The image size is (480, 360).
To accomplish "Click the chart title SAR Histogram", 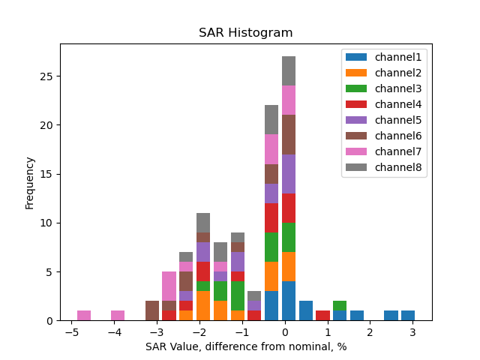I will click(x=245, y=33).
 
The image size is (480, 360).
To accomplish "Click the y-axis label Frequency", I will click(x=30, y=182).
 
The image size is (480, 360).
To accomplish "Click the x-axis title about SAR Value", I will click(x=246, y=346).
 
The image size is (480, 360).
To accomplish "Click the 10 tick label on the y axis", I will click(x=47, y=223).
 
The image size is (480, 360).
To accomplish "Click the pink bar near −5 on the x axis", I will click(x=84, y=316).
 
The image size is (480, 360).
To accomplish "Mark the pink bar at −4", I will click(x=118, y=316).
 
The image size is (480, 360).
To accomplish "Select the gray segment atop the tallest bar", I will click(x=289, y=70).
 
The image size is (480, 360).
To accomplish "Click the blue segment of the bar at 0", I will click(x=289, y=301).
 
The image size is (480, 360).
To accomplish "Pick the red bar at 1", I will click(x=322, y=316).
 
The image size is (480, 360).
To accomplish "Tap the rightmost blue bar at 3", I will click(x=408, y=316).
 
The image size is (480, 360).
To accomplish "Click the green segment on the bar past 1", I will click(x=340, y=306).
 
